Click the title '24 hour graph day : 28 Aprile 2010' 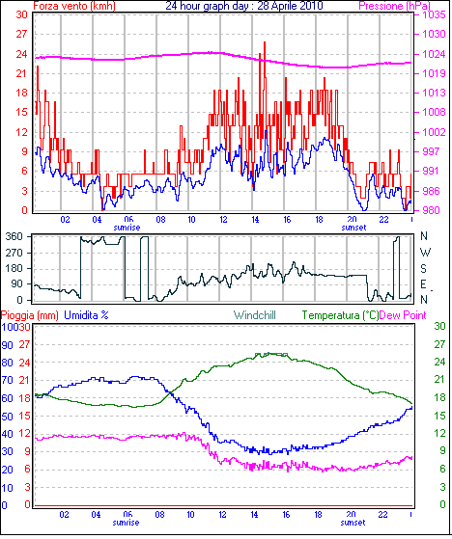pyautogui.click(x=244, y=6)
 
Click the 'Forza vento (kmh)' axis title pyautogui.click(x=74, y=6)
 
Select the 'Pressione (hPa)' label pyautogui.click(x=394, y=6)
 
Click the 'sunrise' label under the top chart pyautogui.click(x=127, y=228)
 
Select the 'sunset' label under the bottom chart pyautogui.click(x=353, y=523)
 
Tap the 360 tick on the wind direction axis pyautogui.click(x=14, y=236)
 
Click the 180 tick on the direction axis pyautogui.click(x=14, y=268)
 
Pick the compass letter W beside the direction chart pyautogui.click(x=425, y=253)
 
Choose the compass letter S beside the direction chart pyautogui.click(x=424, y=268)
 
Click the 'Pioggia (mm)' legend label pyautogui.click(x=30, y=315)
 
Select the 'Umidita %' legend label pyautogui.click(x=86, y=315)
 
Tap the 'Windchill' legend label pyautogui.click(x=255, y=315)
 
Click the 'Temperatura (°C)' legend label pyautogui.click(x=340, y=315)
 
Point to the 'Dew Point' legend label pyautogui.click(x=403, y=315)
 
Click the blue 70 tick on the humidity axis pyautogui.click(x=7, y=380)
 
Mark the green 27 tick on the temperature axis pyautogui.click(x=439, y=344)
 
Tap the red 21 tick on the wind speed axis pyautogui.click(x=21, y=73)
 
